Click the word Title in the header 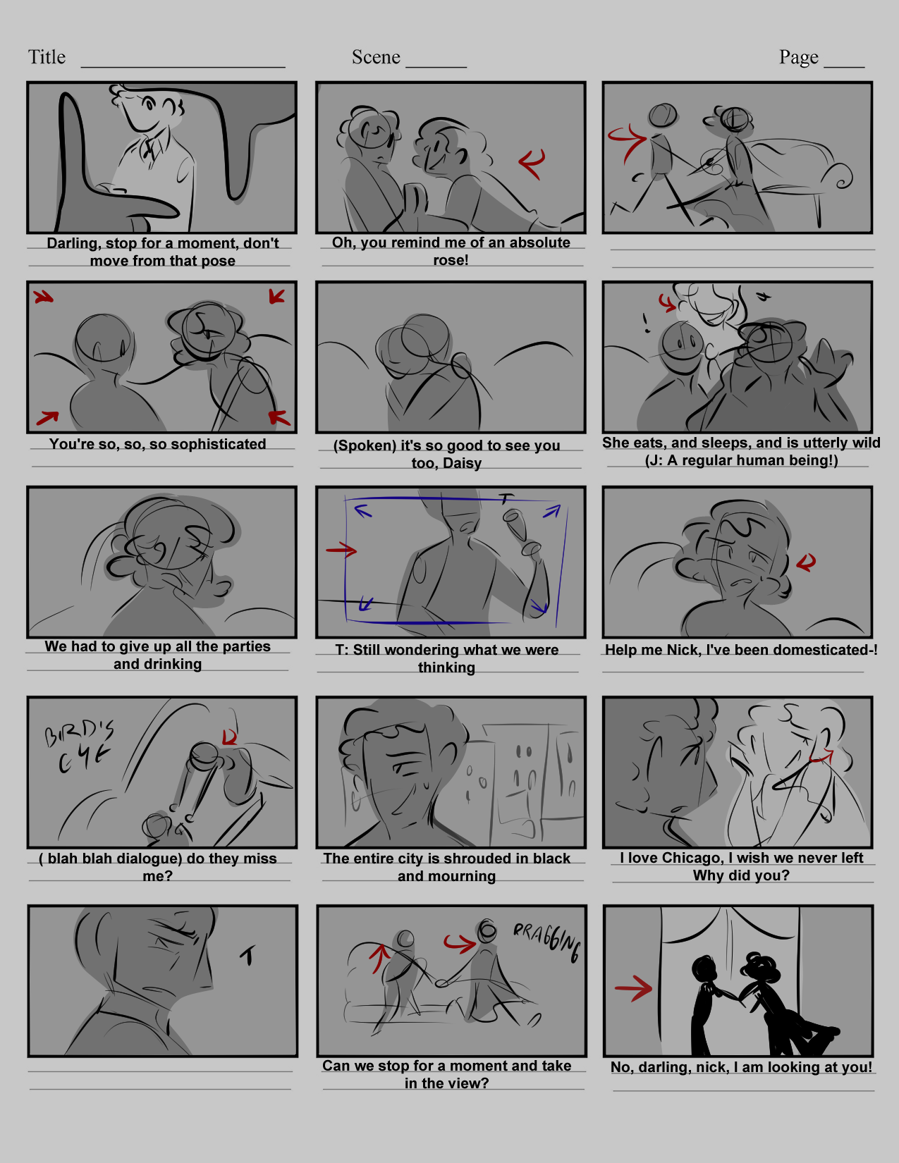click(47, 56)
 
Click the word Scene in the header click(376, 56)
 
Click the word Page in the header click(798, 57)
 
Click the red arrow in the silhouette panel click(633, 988)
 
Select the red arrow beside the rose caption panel click(532, 163)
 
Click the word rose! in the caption click(451, 260)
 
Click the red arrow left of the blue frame click(341, 550)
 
